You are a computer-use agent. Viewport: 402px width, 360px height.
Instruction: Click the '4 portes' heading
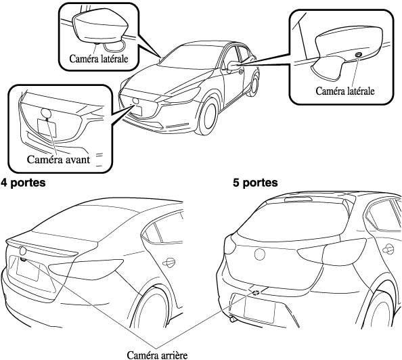pyautogui.click(x=23, y=183)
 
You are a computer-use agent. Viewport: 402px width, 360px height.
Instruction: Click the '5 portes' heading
pyautogui.click(x=255, y=183)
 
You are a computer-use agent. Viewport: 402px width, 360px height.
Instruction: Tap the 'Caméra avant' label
pyautogui.click(x=58, y=160)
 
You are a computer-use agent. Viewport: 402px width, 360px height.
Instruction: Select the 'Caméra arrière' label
pyautogui.click(x=157, y=355)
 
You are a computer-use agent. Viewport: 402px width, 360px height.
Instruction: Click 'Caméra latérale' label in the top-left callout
pyautogui.click(x=99, y=59)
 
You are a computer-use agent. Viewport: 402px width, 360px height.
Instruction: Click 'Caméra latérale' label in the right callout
pyautogui.click(x=345, y=91)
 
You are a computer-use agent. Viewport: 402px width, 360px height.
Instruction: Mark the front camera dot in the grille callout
pyautogui.click(x=47, y=119)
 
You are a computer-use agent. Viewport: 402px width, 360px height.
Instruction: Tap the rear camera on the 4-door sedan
pyautogui.click(x=24, y=260)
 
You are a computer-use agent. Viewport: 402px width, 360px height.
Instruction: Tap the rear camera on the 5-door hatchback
pyautogui.click(x=256, y=292)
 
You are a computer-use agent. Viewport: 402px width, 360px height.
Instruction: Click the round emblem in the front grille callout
pyautogui.click(x=46, y=113)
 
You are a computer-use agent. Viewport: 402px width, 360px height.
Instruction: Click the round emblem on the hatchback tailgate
pyautogui.click(x=259, y=254)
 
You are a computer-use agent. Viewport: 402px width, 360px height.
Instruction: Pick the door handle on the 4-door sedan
pyautogui.click(x=169, y=263)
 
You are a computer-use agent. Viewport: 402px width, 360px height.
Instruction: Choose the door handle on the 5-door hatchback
pyautogui.click(x=388, y=249)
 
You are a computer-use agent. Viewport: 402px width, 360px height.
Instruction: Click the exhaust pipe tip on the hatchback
pyautogui.click(x=233, y=319)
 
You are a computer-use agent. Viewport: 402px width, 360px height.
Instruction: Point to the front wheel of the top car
pyautogui.click(x=209, y=118)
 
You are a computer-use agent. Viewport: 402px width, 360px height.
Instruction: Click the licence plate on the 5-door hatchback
pyautogui.click(x=259, y=310)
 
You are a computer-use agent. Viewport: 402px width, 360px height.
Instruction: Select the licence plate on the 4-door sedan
pyautogui.click(x=28, y=270)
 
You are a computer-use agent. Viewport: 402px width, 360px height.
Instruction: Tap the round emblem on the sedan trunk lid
pyautogui.click(x=23, y=250)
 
